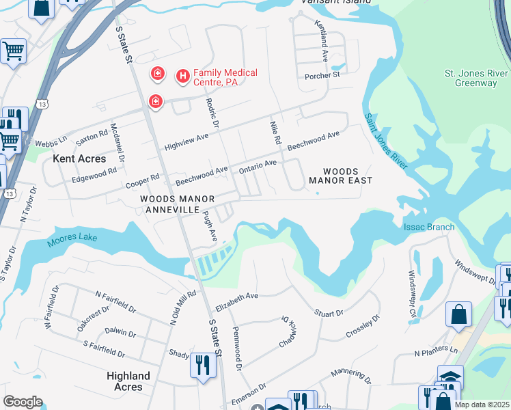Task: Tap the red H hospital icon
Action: click(x=182, y=77)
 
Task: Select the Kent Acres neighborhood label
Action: click(x=79, y=159)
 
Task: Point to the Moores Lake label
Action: click(x=72, y=240)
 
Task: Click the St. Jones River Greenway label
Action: click(x=475, y=78)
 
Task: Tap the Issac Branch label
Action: click(x=429, y=227)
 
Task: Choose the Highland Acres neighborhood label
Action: click(x=128, y=381)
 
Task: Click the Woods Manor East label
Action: click(x=340, y=176)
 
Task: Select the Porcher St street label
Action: click(x=322, y=75)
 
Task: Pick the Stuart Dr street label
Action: click(x=329, y=313)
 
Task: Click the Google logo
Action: click(x=23, y=402)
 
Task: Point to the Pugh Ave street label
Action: click(x=209, y=225)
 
